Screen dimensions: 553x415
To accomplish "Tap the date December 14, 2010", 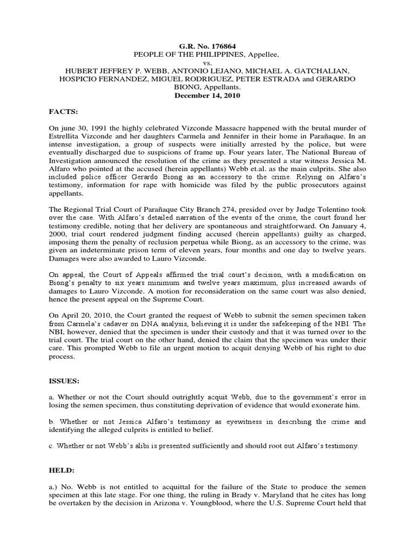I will (207, 95).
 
